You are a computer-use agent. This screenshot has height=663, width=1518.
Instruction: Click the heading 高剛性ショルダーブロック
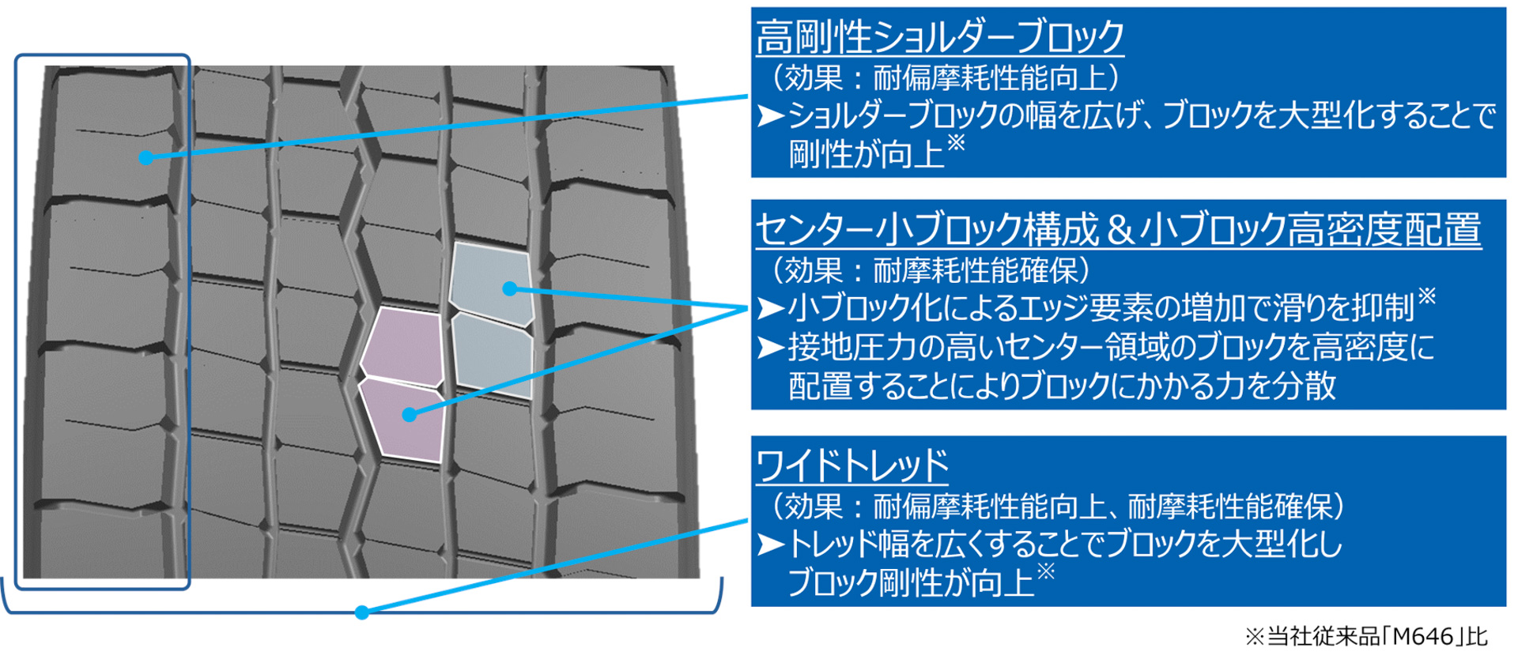[939, 37]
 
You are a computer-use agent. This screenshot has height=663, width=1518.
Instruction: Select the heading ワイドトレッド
[852, 465]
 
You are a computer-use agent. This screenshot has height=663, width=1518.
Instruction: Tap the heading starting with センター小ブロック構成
[1118, 230]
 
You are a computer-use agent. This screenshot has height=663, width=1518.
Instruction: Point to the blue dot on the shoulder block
[145, 158]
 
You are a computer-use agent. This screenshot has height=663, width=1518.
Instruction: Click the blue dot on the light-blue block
[510, 289]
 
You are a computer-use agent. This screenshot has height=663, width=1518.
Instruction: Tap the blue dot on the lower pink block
[409, 415]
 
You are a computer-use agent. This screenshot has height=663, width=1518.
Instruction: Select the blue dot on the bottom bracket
[361, 612]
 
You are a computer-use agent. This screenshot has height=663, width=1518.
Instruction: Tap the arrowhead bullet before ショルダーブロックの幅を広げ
[770, 116]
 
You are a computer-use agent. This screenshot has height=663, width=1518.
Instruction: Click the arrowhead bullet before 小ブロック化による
[770, 308]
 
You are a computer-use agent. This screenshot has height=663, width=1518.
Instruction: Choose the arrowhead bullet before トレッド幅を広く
[770, 544]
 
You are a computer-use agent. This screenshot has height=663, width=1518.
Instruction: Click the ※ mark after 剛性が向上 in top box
[956, 142]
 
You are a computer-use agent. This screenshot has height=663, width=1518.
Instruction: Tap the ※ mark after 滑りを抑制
[1426, 296]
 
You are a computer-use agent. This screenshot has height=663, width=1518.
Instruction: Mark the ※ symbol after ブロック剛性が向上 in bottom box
[1045, 571]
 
